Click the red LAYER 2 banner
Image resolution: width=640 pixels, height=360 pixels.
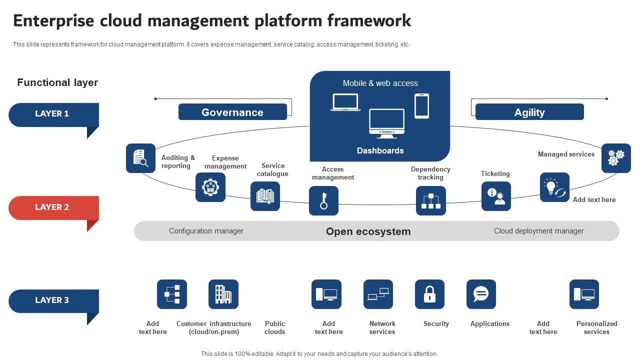[53, 207]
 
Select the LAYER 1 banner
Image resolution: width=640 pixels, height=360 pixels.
[53, 114]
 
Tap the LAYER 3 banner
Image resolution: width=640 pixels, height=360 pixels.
[53, 300]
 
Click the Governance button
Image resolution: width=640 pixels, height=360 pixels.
[232, 112]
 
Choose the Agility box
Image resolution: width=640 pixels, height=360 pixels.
[529, 112]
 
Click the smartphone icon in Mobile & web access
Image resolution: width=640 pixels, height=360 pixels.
[421, 106]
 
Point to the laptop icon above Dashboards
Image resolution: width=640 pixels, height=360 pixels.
[345, 102]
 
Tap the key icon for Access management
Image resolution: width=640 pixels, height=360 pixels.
[323, 200]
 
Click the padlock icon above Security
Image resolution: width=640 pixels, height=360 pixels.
[429, 294]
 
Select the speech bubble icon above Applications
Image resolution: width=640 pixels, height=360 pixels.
[481, 294]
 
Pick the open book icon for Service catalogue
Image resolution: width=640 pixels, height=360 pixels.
[265, 196]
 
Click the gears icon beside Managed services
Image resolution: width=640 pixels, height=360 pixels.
[616, 158]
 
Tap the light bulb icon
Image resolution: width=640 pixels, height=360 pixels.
[554, 187]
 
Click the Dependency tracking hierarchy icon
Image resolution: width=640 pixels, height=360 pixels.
[430, 200]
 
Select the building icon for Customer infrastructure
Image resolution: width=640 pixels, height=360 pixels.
[223, 294]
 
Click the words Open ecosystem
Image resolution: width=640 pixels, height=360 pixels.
[368, 231]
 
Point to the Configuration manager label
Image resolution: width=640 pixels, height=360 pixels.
[206, 231]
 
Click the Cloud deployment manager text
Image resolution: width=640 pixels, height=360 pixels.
[538, 231]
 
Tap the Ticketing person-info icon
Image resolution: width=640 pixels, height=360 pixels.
[496, 196]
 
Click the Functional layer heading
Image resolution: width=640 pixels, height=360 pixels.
[57, 82]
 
